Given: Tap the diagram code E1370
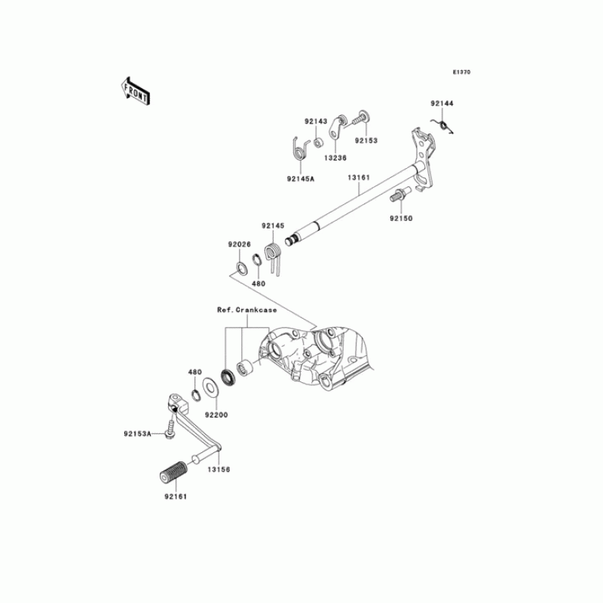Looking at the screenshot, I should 461,72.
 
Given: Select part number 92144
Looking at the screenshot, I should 442,103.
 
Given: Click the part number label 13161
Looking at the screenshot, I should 359,178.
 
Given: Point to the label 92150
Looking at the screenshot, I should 401,218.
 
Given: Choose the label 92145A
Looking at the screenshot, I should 299,179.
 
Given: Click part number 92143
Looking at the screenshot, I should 317,121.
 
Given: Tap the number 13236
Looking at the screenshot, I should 336,158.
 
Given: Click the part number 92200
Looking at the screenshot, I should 216,414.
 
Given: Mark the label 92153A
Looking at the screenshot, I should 138,433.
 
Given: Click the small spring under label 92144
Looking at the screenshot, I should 445,124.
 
